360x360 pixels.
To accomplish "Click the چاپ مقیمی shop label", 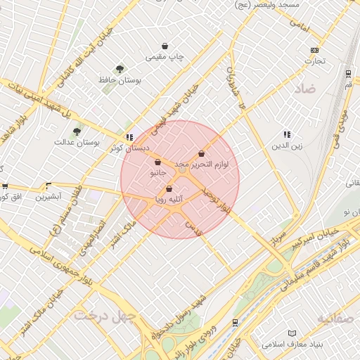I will (x=165, y=57).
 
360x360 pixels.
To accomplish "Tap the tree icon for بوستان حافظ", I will (x=120, y=69).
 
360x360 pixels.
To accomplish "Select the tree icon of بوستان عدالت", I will (x=77, y=130).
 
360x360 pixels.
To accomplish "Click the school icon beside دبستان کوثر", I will (x=129, y=137).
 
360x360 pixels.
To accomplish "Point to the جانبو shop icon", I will (x=157, y=162).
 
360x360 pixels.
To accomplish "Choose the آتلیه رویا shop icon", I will (x=169, y=188).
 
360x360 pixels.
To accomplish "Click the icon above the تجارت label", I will (x=314, y=50).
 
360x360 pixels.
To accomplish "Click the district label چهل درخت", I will (x=103, y=317).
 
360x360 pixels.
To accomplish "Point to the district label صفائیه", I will (x=338, y=319).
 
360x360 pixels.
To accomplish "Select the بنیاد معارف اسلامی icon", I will (x=292, y=333).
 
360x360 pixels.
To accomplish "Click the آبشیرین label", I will (x=49, y=197).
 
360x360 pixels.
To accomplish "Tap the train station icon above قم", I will (x=348, y=73).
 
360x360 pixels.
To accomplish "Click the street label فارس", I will (x=191, y=226).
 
